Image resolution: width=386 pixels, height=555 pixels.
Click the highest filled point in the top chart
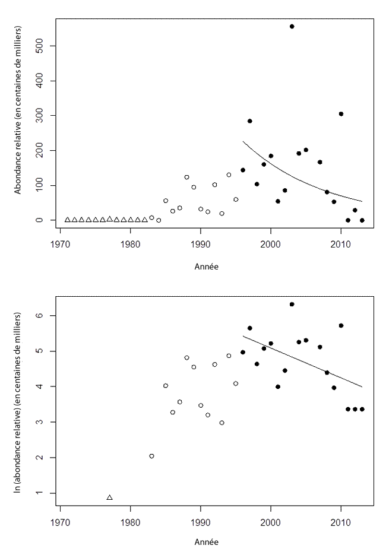(x=292, y=26)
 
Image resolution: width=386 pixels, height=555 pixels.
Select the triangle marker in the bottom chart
(x=109, y=497)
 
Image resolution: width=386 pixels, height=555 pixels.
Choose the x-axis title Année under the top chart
(x=206, y=267)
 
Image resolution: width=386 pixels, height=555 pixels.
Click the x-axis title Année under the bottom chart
(x=206, y=541)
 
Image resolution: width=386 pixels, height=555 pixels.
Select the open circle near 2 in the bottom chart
(x=151, y=456)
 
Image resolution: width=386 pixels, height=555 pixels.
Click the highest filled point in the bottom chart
(x=292, y=304)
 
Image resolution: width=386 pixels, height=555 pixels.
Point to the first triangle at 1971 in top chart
(x=67, y=220)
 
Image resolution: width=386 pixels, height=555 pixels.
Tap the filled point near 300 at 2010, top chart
(x=341, y=114)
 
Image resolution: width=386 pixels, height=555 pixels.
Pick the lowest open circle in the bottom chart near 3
(x=222, y=423)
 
